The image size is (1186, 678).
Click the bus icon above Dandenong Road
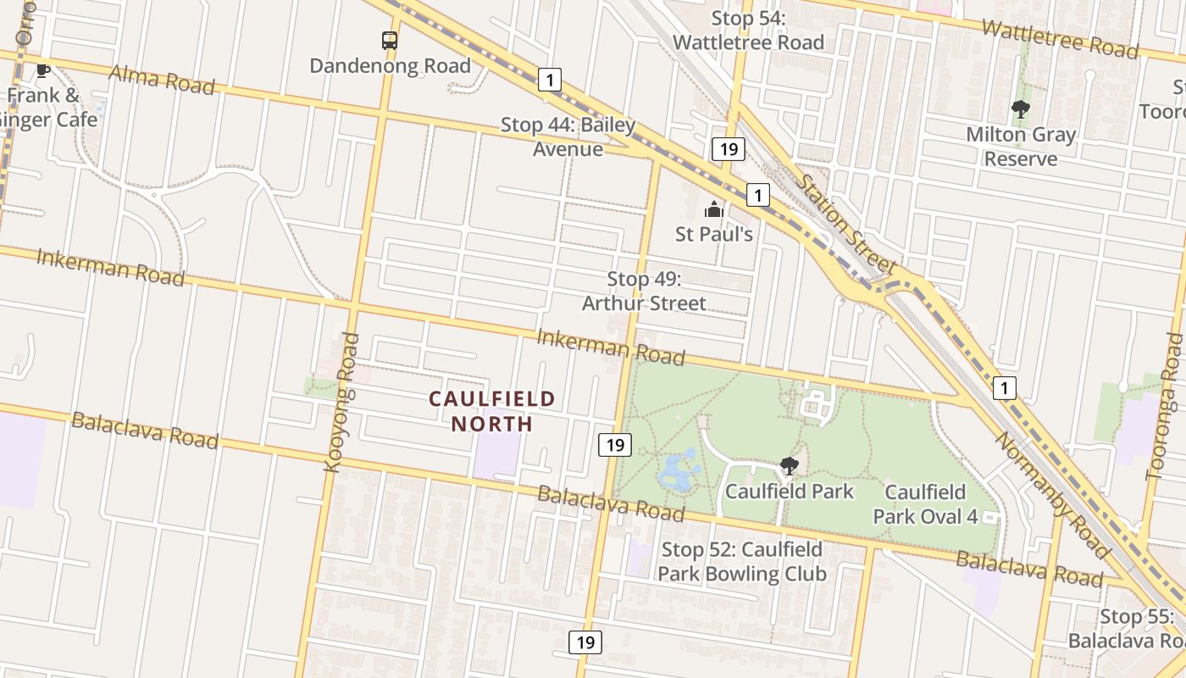coord(389,40)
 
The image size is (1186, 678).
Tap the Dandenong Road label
coord(390,66)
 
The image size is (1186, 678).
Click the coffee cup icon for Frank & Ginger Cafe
coord(42,70)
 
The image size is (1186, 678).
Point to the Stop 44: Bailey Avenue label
coord(568,137)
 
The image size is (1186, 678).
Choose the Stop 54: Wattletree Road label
coord(748,31)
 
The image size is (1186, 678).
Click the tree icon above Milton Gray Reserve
coord(1021,108)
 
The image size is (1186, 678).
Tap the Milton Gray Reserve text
coord(1021,147)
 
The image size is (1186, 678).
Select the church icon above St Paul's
coord(714,209)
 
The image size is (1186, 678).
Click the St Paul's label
coord(714,234)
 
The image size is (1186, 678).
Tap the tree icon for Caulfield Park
coord(789,465)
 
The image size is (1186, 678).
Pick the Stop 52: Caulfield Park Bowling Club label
coord(741,562)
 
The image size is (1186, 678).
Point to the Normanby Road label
coord(1050,495)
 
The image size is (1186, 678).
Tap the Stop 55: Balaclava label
coord(1127,629)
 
